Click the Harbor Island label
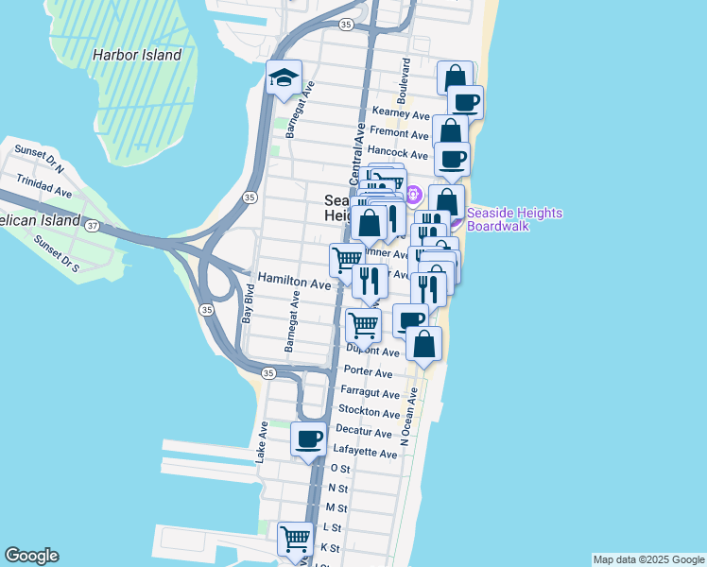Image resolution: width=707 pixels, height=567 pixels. [x=136, y=55]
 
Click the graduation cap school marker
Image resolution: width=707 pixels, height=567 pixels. [x=283, y=79]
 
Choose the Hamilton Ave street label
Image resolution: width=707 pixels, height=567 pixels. [x=295, y=283]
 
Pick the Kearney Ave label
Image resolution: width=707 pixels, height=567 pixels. [x=401, y=112]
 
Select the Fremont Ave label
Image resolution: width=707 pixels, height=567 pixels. [x=400, y=132]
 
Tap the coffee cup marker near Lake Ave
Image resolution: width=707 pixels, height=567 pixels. [x=309, y=439]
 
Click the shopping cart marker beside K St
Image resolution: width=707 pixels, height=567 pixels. [x=295, y=540]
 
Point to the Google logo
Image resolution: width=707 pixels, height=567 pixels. [x=31, y=556]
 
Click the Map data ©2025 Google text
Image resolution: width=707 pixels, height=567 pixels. [x=647, y=559]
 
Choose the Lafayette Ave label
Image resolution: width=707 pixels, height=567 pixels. [x=367, y=454]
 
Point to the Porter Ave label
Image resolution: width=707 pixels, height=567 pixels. [x=369, y=372]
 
